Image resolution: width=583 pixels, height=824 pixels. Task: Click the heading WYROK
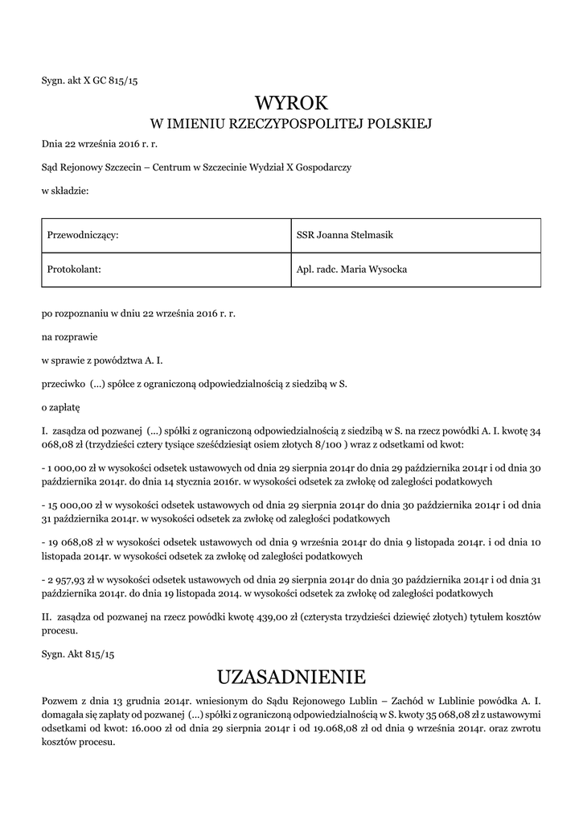click(292, 103)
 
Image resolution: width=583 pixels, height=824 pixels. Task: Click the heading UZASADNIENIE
click(292, 675)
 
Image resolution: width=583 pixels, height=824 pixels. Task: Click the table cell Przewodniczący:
click(84, 235)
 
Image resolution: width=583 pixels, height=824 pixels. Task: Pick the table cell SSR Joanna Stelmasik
click(344, 235)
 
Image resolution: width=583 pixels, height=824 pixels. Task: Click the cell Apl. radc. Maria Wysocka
click(351, 269)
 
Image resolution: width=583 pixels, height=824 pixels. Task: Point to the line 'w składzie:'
click(65, 191)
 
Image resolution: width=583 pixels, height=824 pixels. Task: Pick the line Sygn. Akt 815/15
click(78, 656)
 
